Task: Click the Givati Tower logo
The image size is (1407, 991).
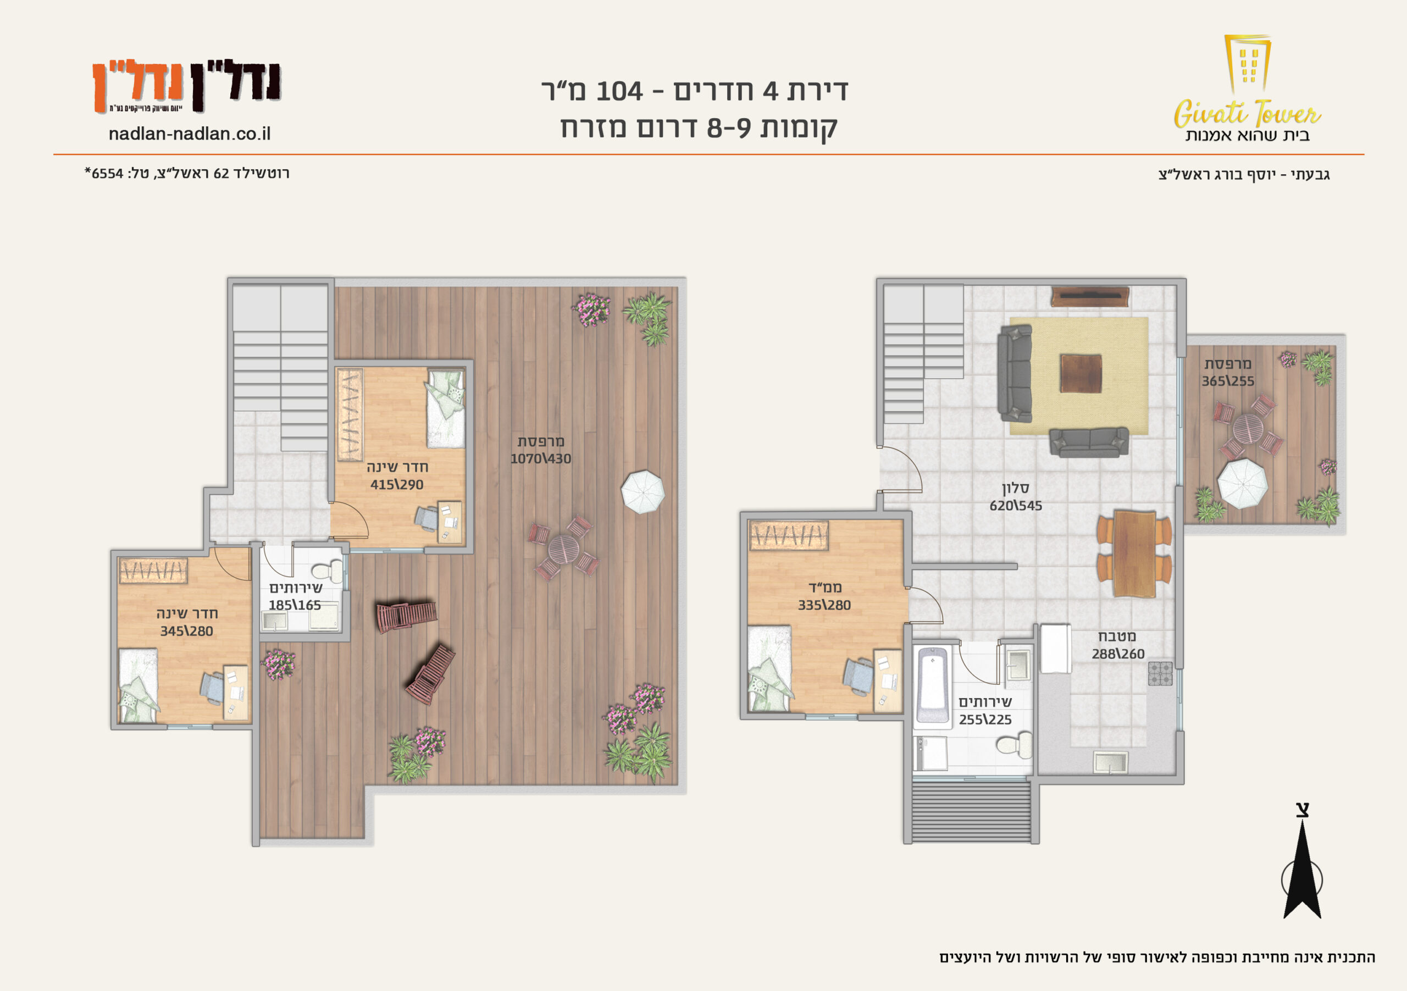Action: click(x=1247, y=89)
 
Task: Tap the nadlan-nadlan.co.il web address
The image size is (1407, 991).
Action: click(x=190, y=134)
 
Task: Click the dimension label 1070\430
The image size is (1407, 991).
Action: click(x=540, y=459)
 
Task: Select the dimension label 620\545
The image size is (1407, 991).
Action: click(x=1016, y=506)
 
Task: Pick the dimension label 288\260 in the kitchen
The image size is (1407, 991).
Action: click(x=1118, y=655)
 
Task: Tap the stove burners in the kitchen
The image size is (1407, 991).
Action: click(x=1160, y=673)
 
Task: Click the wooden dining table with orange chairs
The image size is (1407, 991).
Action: click(x=1134, y=553)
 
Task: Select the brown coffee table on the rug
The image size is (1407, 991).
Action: click(x=1081, y=373)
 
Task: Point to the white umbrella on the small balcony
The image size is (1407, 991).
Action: click(x=1242, y=484)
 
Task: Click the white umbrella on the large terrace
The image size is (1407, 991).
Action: click(x=643, y=491)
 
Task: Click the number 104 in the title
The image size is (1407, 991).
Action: click(x=619, y=92)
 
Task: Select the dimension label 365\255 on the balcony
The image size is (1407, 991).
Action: click(x=1227, y=382)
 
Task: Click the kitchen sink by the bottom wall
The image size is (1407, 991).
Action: click(x=1110, y=763)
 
